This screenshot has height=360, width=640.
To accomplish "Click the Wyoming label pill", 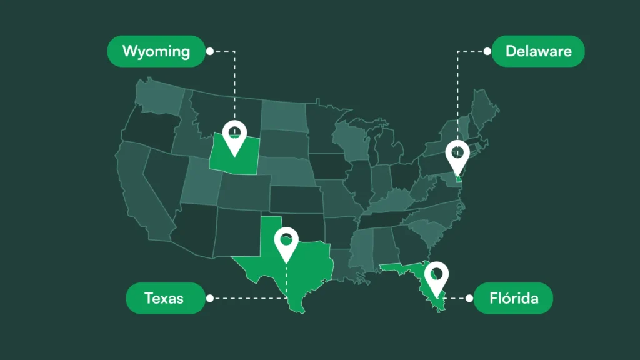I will pyautogui.click(x=156, y=51).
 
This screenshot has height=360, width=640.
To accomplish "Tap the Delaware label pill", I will pyautogui.click(x=538, y=51).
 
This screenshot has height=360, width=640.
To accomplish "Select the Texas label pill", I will pyautogui.click(x=164, y=298).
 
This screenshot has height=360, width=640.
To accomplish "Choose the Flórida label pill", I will pyautogui.click(x=514, y=298).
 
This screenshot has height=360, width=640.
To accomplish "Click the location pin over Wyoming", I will pyautogui.click(x=234, y=136).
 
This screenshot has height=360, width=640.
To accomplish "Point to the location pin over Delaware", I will pyautogui.click(x=457, y=156).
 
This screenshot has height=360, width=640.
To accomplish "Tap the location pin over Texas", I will pyautogui.click(x=286, y=242).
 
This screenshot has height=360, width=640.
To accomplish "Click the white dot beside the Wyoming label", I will pyautogui.click(x=209, y=51).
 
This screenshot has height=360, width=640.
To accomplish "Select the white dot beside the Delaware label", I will pyautogui.click(x=487, y=51).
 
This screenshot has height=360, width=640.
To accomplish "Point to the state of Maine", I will pyautogui.click(x=484, y=109).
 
